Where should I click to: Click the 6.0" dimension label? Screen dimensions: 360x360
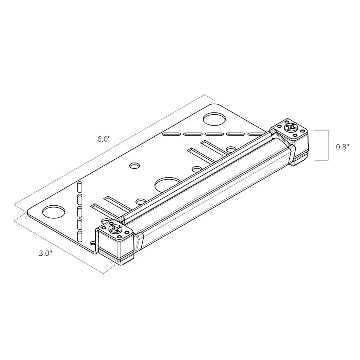pyautogui.click(x=104, y=139)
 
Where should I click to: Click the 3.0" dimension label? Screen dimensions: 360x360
pyautogui.click(x=45, y=253)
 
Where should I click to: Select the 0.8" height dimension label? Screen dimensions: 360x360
pyautogui.click(x=342, y=147)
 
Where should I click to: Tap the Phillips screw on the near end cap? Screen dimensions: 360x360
pyautogui.click(x=115, y=229)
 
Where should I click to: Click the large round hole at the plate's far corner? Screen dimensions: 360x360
pyautogui.click(x=214, y=119)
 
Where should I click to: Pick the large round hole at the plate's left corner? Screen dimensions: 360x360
pyautogui.click(x=53, y=212)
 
